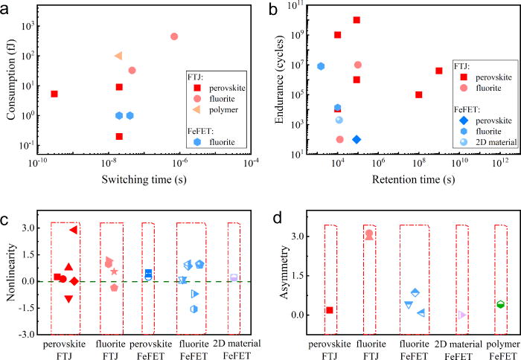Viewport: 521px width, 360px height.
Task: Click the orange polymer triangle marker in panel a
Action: point(118,56)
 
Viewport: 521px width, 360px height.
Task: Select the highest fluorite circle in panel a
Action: point(174,36)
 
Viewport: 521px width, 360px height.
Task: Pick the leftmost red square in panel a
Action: point(54,94)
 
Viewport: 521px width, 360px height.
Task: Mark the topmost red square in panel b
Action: point(357,20)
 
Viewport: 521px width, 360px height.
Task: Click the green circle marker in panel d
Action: point(501,304)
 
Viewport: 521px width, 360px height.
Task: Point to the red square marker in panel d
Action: point(329,309)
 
